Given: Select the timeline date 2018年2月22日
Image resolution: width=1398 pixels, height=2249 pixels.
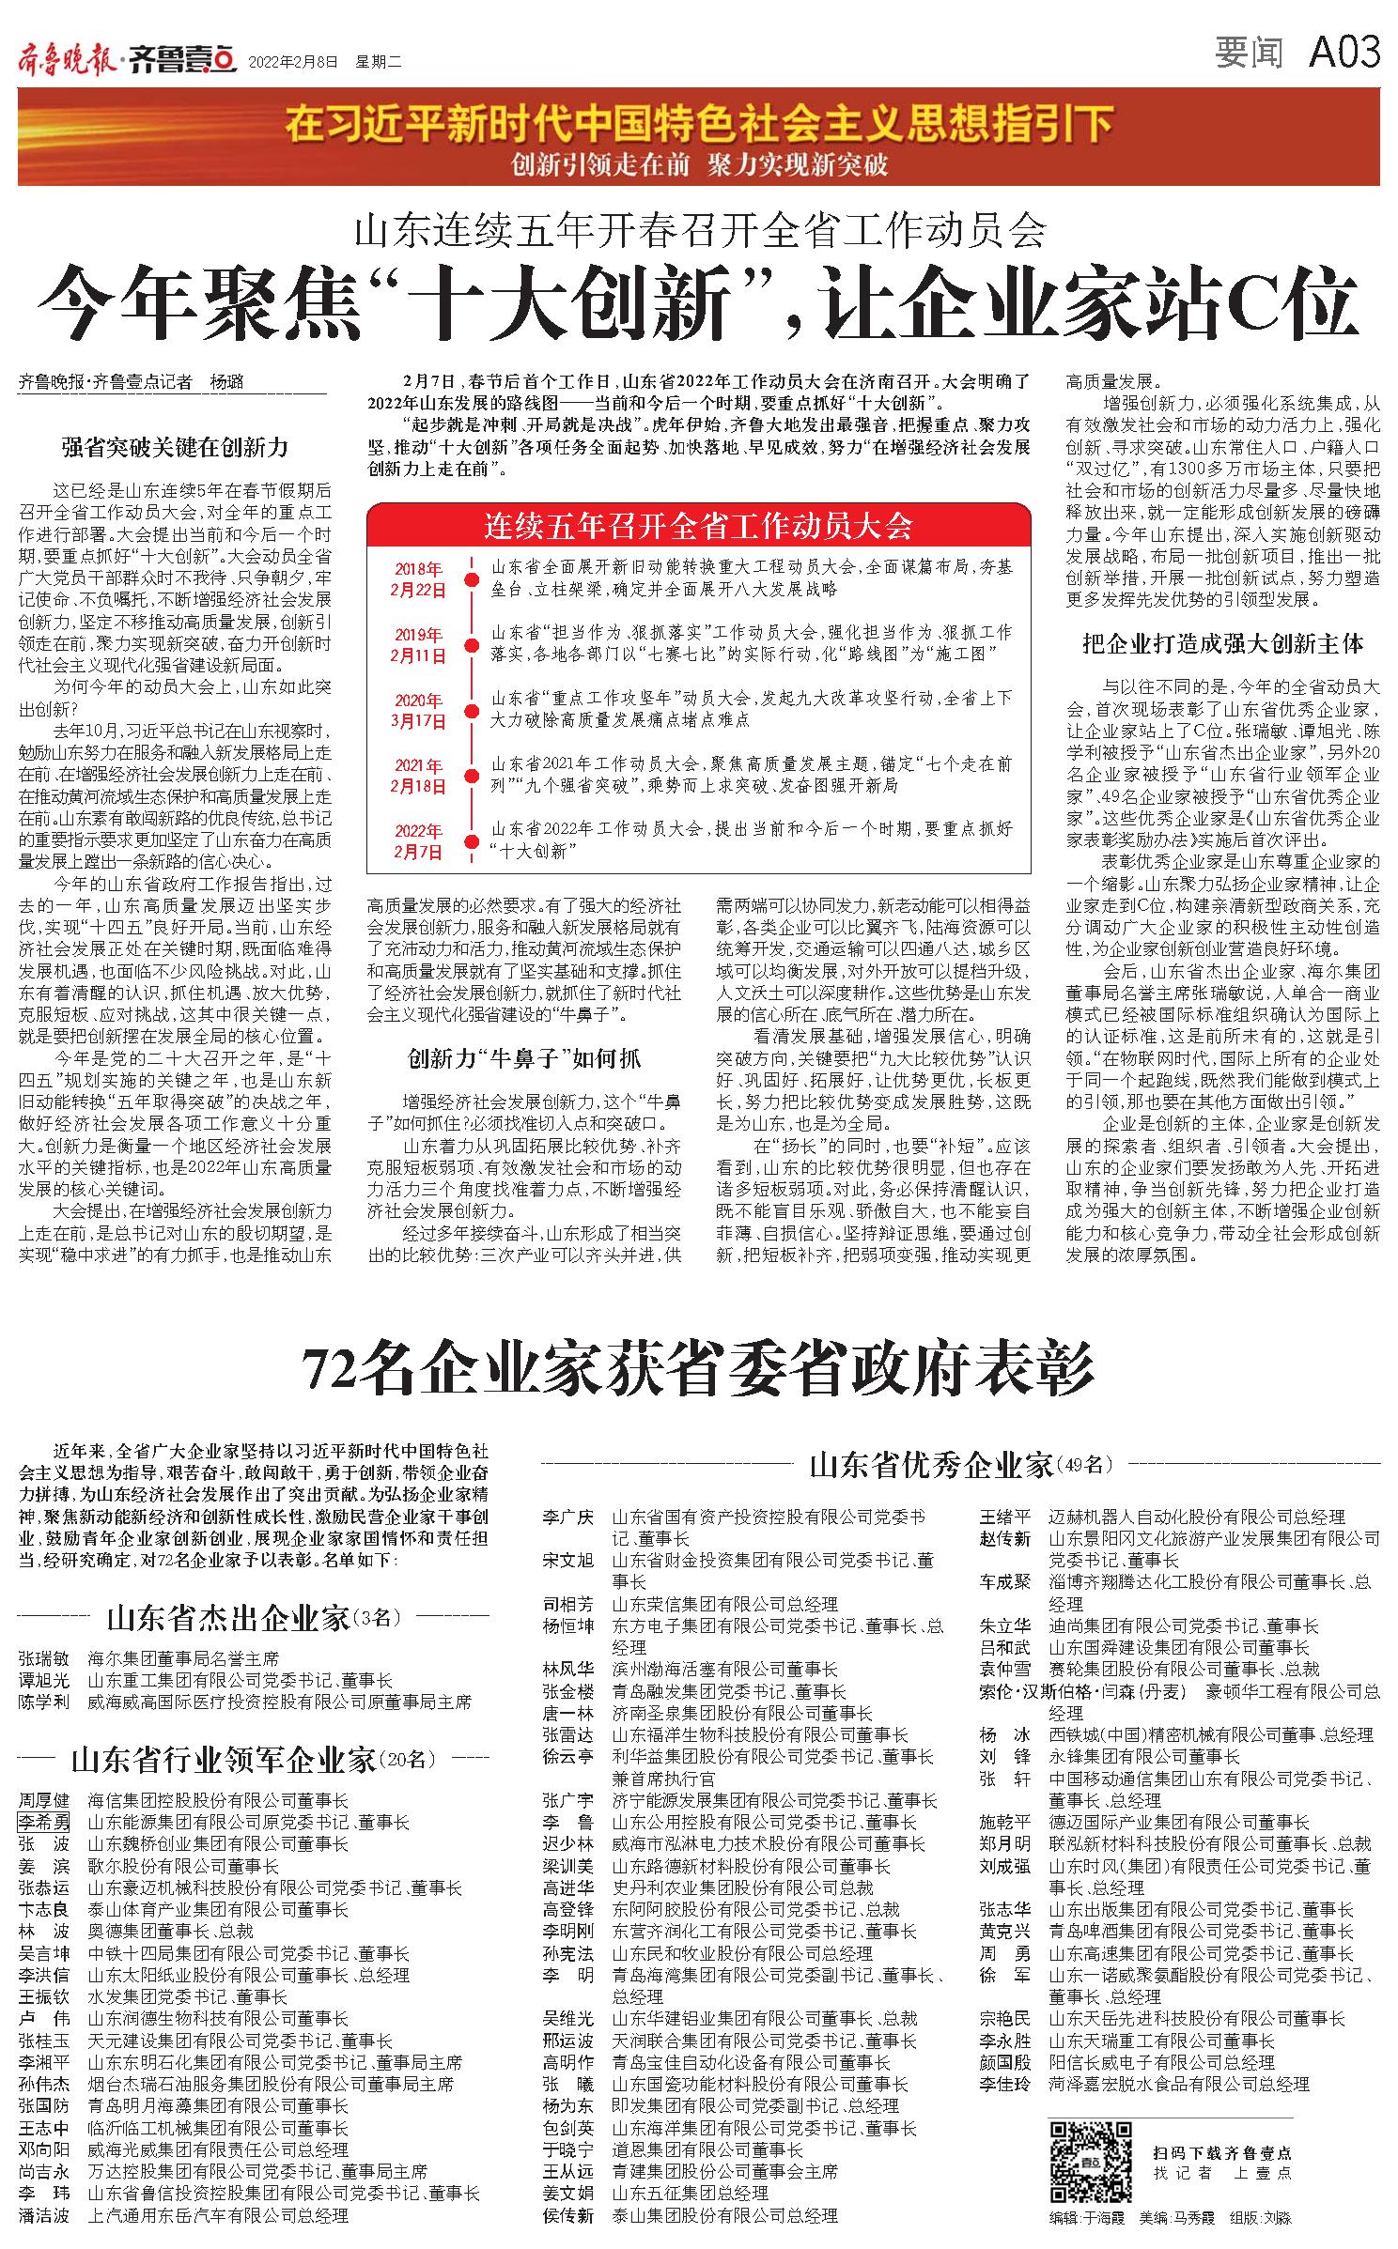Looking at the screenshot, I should (x=418, y=578).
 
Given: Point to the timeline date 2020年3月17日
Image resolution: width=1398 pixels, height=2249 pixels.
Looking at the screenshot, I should (x=418, y=710).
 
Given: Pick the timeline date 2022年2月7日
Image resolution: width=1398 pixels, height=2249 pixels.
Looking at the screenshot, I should (x=418, y=840).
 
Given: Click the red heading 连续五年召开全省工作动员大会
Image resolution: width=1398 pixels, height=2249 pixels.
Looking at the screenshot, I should (x=698, y=526).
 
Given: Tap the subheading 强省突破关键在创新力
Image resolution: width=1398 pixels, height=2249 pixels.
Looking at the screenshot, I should (x=176, y=447).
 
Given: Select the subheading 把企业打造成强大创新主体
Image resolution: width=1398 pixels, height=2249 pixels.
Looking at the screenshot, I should (x=1222, y=643).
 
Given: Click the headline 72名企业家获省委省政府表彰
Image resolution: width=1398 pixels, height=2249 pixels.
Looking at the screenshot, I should (x=698, y=1372).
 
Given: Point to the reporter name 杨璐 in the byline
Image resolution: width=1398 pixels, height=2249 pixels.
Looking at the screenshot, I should (x=228, y=382).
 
